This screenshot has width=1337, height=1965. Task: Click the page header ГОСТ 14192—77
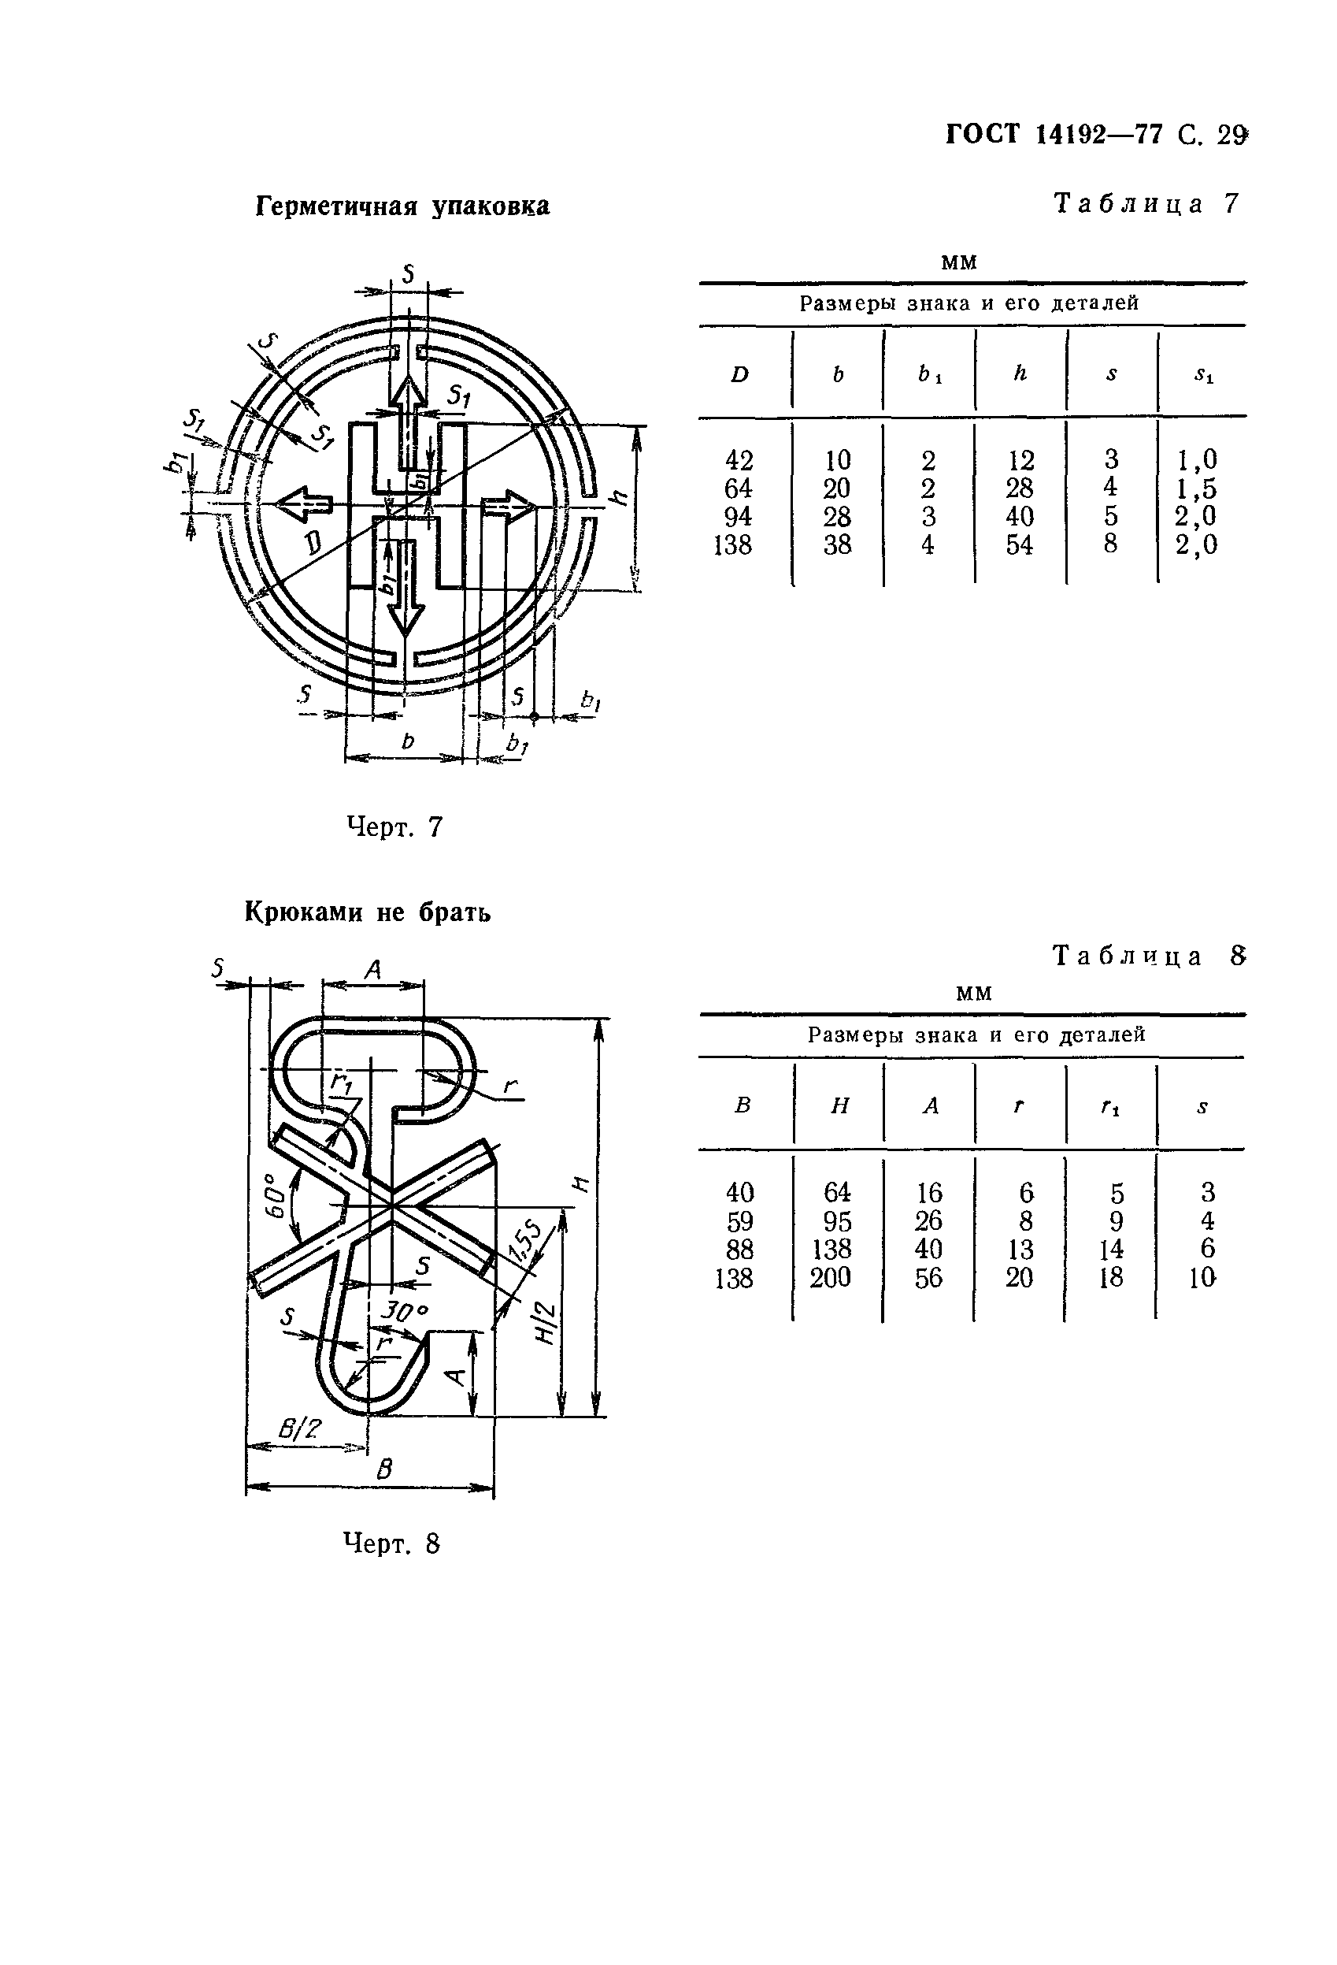click(x=1053, y=135)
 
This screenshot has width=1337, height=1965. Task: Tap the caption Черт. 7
click(x=394, y=826)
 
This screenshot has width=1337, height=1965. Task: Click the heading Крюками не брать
click(x=368, y=913)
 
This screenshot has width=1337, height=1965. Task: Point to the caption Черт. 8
click(x=391, y=1545)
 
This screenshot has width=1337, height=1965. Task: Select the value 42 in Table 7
click(x=739, y=460)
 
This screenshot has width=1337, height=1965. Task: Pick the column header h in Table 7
click(x=1020, y=373)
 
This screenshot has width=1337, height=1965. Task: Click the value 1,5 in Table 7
click(x=1196, y=488)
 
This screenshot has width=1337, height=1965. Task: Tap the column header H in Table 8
click(x=839, y=1106)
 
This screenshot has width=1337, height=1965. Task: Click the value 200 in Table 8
click(x=830, y=1278)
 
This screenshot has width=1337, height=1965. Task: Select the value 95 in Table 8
click(x=837, y=1221)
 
